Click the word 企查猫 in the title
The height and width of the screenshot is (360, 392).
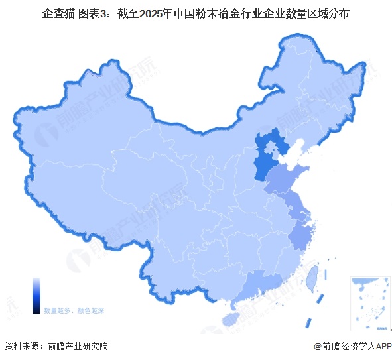[x=58, y=13]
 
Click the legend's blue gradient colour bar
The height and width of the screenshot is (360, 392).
[x=36, y=295]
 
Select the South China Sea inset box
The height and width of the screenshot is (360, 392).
[x=369, y=302]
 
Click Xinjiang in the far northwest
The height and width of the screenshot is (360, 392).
[x=73, y=139]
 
